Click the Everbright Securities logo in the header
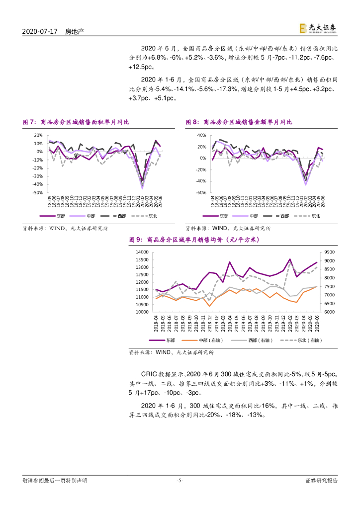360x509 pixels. (x=319, y=29)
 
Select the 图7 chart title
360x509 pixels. (x=76, y=122)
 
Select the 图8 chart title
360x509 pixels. (x=239, y=122)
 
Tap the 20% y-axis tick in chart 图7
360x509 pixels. (x=37, y=135)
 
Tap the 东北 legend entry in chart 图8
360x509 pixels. (x=315, y=216)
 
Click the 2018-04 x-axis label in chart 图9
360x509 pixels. (x=156, y=325)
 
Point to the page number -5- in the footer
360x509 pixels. (x=180, y=481)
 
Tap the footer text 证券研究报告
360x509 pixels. (x=321, y=481)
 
